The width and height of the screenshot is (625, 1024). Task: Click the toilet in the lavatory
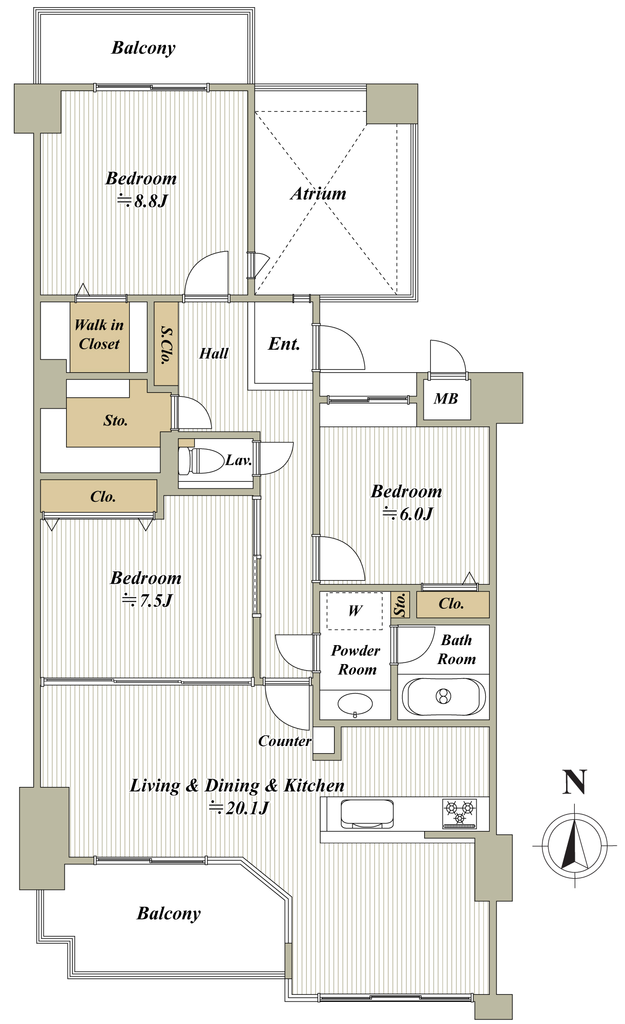click(201, 460)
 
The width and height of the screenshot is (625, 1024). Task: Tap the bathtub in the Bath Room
click(444, 696)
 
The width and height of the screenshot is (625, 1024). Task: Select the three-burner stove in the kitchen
click(460, 813)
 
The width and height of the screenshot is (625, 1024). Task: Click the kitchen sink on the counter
click(367, 814)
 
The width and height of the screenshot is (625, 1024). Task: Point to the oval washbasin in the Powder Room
click(355, 703)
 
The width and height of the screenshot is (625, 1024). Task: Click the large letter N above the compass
click(574, 782)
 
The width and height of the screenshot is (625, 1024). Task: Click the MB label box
click(445, 399)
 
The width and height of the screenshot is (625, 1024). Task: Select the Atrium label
click(318, 194)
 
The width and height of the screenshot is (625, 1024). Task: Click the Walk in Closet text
click(99, 334)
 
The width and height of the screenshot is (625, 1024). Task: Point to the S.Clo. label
click(166, 345)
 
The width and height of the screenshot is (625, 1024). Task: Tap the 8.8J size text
click(143, 201)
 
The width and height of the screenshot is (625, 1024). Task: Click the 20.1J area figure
click(239, 808)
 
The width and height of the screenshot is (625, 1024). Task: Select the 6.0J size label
click(408, 514)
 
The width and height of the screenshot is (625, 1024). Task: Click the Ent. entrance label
click(284, 344)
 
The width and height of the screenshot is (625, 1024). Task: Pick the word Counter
click(284, 741)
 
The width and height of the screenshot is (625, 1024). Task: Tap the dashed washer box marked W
click(355, 611)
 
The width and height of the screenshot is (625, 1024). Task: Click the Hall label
click(214, 353)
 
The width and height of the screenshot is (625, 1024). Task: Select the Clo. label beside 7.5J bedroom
click(103, 497)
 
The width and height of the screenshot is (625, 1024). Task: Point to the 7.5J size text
click(147, 600)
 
